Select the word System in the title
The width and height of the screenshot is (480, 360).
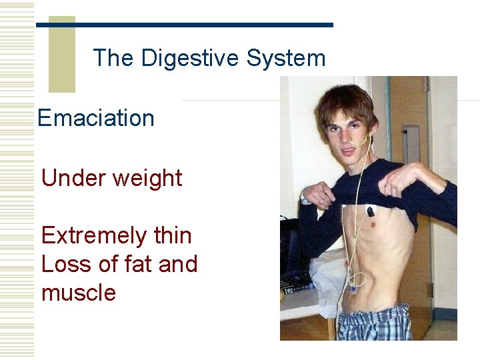pyautogui.click(x=286, y=58)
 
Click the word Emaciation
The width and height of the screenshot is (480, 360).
pyautogui.click(x=96, y=119)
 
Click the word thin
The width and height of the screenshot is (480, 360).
pyautogui.click(x=172, y=235)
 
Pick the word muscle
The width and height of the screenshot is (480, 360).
pyautogui.click(x=79, y=293)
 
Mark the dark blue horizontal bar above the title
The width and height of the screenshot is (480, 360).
pyautogui.click(x=185, y=25)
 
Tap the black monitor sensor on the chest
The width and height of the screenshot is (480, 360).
pyautogui.click(x=370, y=212)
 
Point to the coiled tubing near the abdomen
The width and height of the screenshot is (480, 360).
pyautogui.click(x=356, y=281)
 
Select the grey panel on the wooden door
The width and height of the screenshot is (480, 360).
pyautogui.click(x=411, y=134)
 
